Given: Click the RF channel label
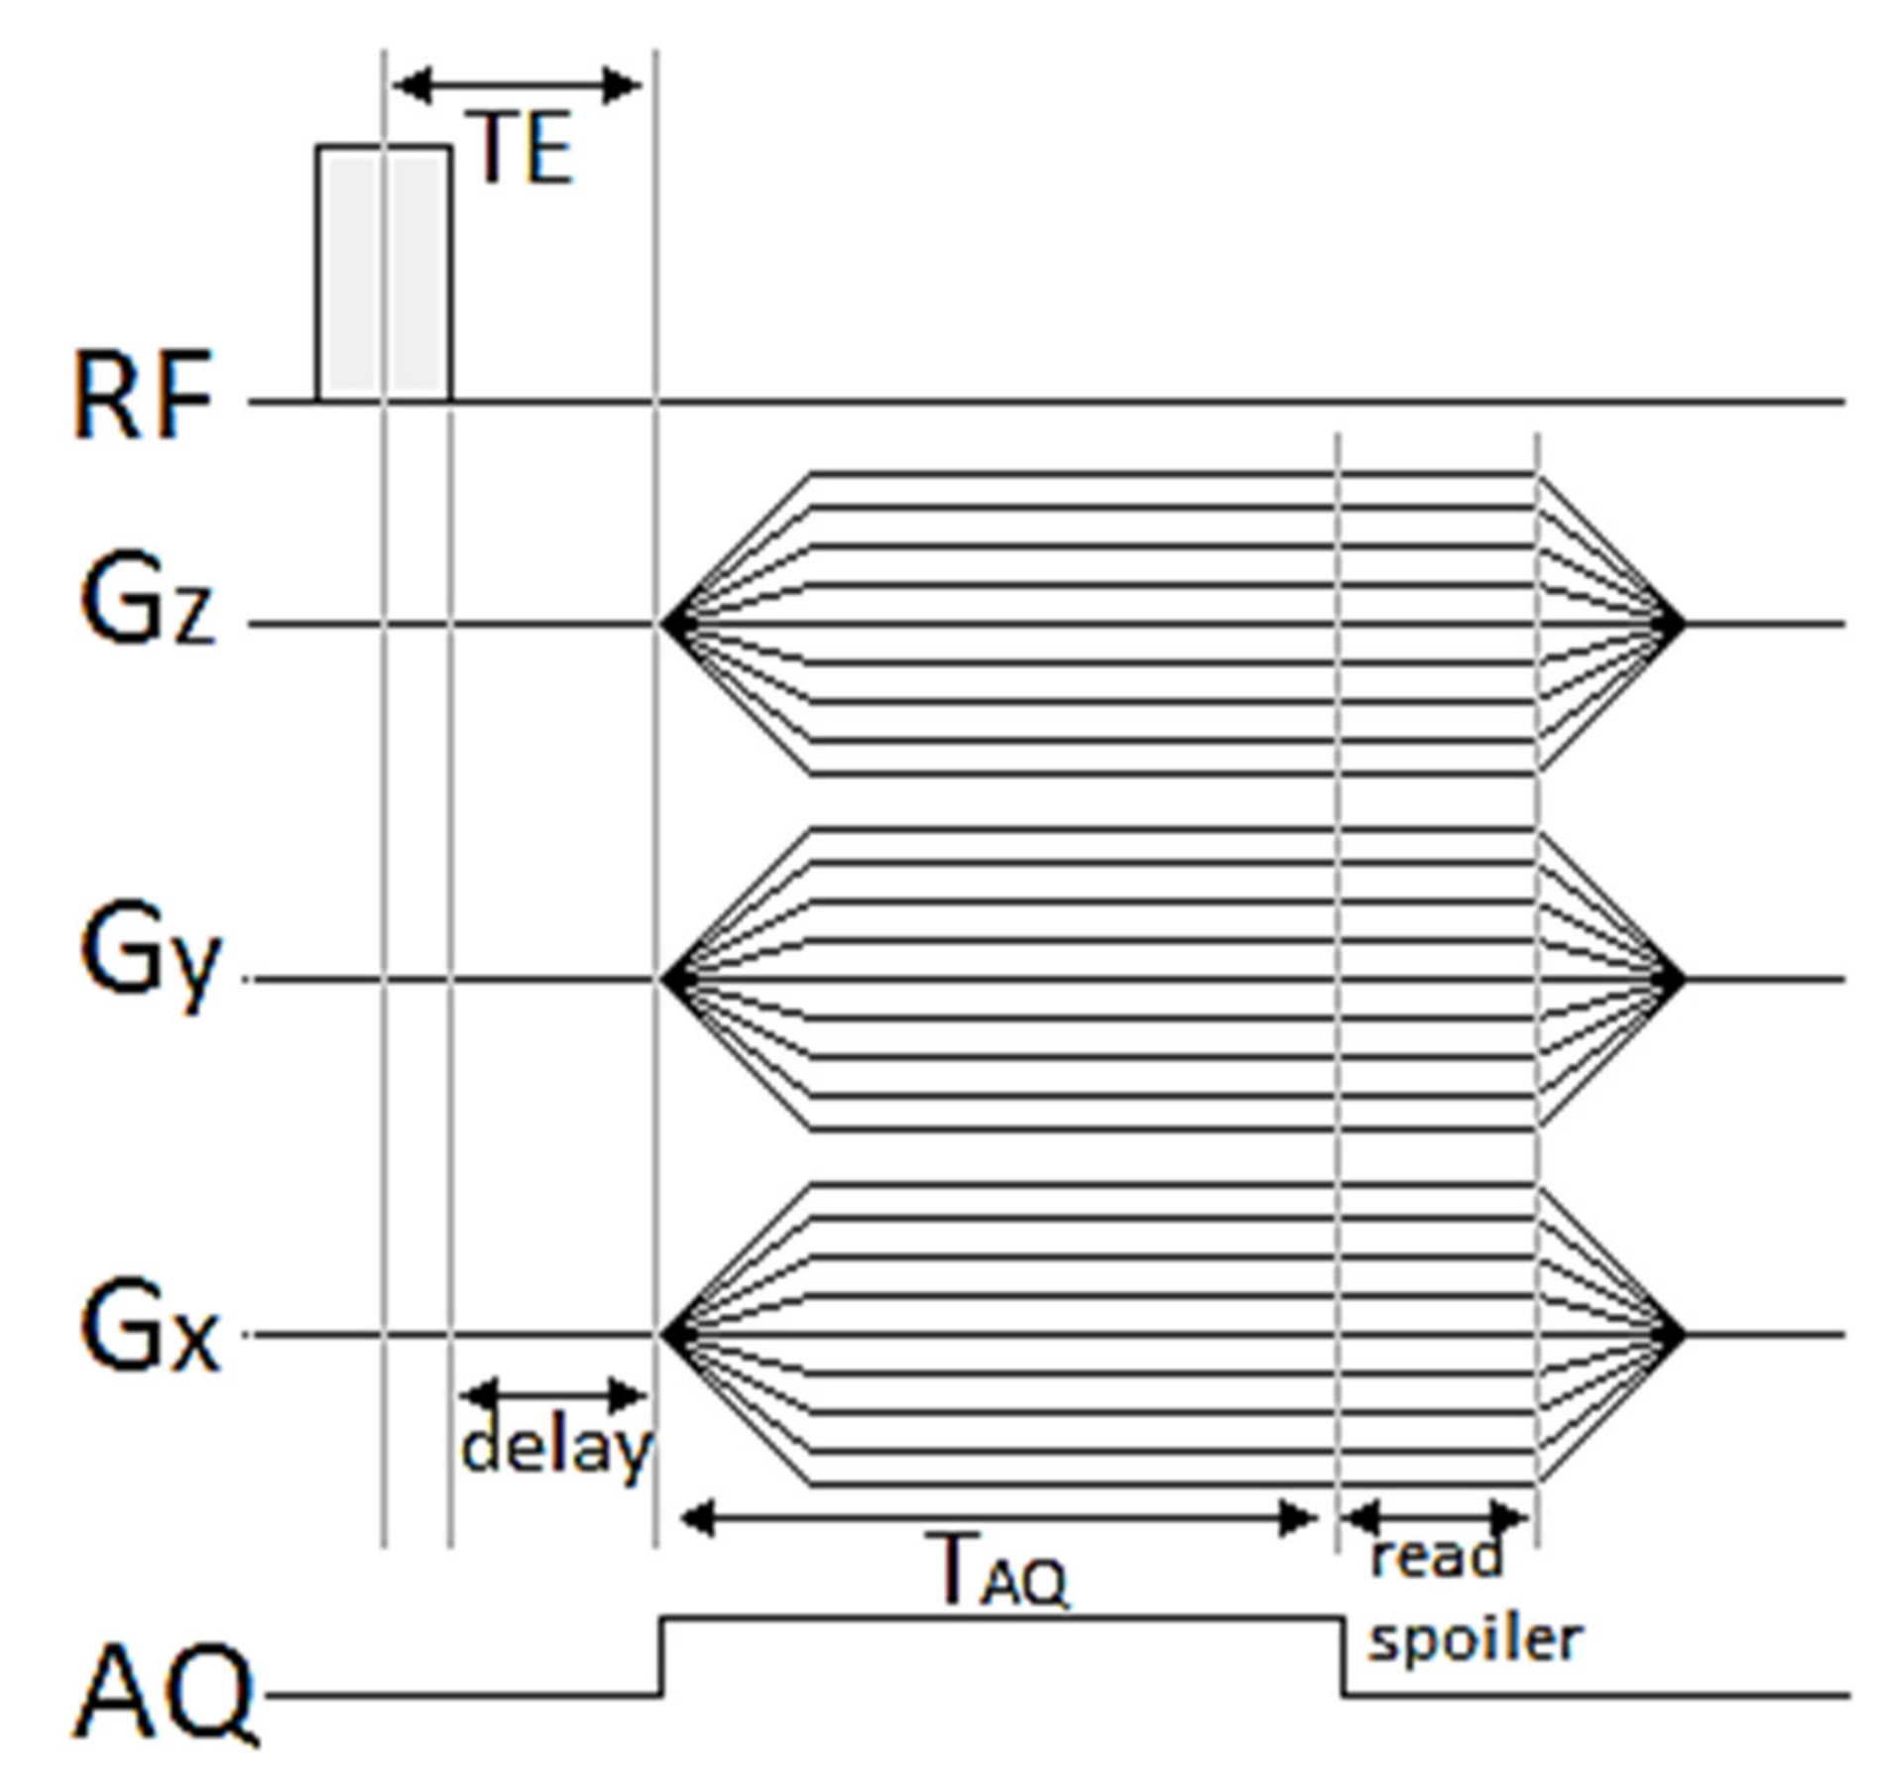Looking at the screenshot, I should coord(144,395).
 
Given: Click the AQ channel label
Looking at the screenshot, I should coord(164,1694).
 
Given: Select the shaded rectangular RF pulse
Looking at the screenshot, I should coord(384,273).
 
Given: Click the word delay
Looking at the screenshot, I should coord(556,1450).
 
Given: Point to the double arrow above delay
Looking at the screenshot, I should coord(553,1396).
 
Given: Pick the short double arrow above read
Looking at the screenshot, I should coord(1436,1516).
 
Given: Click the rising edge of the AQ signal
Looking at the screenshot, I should coord(662,1656).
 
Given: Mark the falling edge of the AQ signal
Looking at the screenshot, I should coord(1344,1656).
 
